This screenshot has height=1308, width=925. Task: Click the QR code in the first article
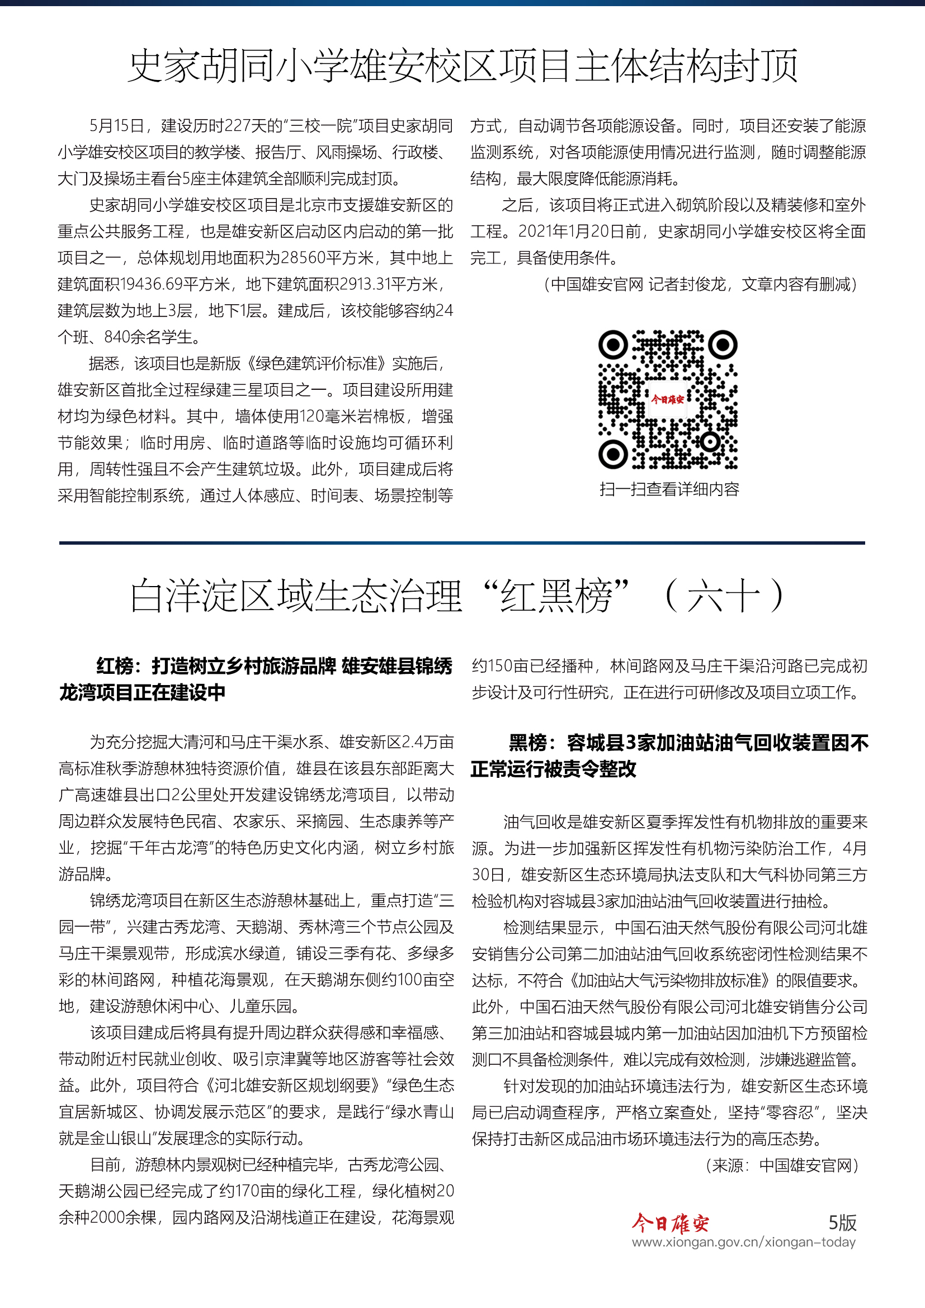click(x=668, y=399)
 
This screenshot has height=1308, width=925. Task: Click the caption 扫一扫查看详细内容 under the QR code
click(x=669, y=489)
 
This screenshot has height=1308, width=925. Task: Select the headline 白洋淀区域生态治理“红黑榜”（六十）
click(x=459, y=596)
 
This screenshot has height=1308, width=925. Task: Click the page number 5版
click(x=842, y=1222)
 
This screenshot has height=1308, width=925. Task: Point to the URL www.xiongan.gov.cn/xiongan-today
click(x=743, y=1242)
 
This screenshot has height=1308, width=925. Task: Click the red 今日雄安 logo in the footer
click(x=671, y=1222)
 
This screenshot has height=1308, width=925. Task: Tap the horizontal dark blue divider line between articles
click(x=462, y=543)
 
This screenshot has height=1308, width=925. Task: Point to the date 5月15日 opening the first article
click(x=116, y=126)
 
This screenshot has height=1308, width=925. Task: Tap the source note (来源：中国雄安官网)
click(x=781, y=1165)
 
